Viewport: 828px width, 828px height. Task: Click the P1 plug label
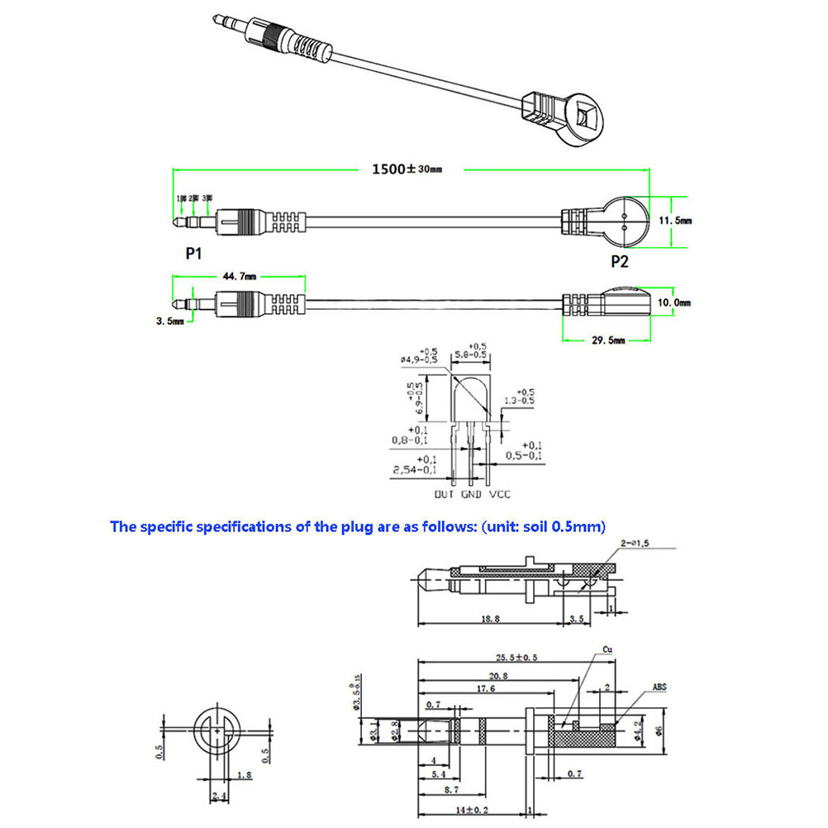click(193, 254)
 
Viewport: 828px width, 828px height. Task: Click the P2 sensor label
click(619, 262)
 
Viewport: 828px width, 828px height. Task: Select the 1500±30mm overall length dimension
click(407, 169)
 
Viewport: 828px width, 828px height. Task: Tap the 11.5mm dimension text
click(677, 221)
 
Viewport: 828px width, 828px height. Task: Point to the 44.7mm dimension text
click(240, 277)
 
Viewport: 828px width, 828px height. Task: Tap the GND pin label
click(470, 494)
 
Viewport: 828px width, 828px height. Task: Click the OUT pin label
click(444, 494)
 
